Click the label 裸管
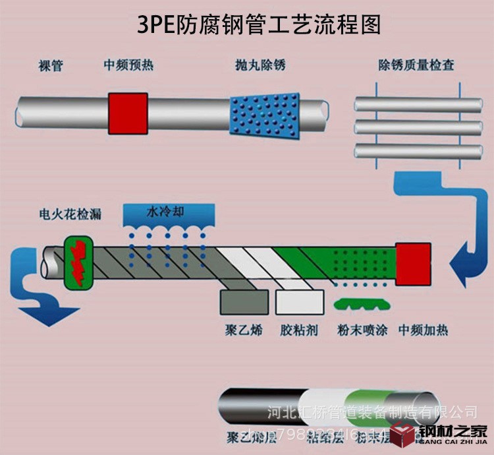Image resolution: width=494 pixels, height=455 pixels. click(x=51, y=65)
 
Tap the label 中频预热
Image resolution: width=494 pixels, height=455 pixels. click(x=128, y=65)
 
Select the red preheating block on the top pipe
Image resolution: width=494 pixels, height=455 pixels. click(x=128, y=111)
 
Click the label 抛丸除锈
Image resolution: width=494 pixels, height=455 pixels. click(x=260, y=65)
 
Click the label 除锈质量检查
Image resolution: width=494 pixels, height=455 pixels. click(x=416, y=65)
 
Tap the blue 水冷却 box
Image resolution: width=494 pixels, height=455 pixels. click(x=170, y=214)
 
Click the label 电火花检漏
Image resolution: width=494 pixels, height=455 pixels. click(x=70, y=216)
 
